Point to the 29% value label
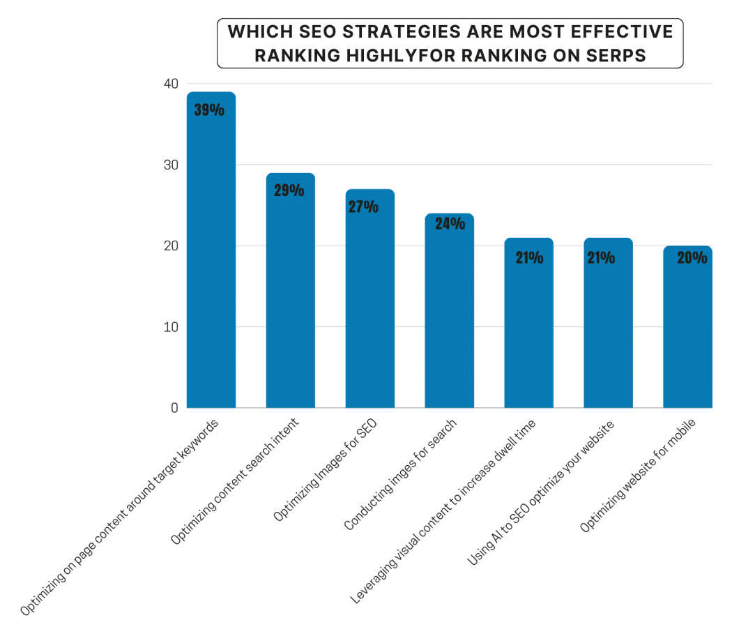coord(289,190)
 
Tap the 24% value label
coord(450,224)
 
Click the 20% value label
coord(692,258)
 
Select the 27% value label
coord(363,207)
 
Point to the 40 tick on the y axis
coord(171,84)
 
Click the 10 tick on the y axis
coord(171,327)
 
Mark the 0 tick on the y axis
coord(174,408)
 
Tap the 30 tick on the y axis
coord(171,165)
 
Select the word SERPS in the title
coord(618,56)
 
